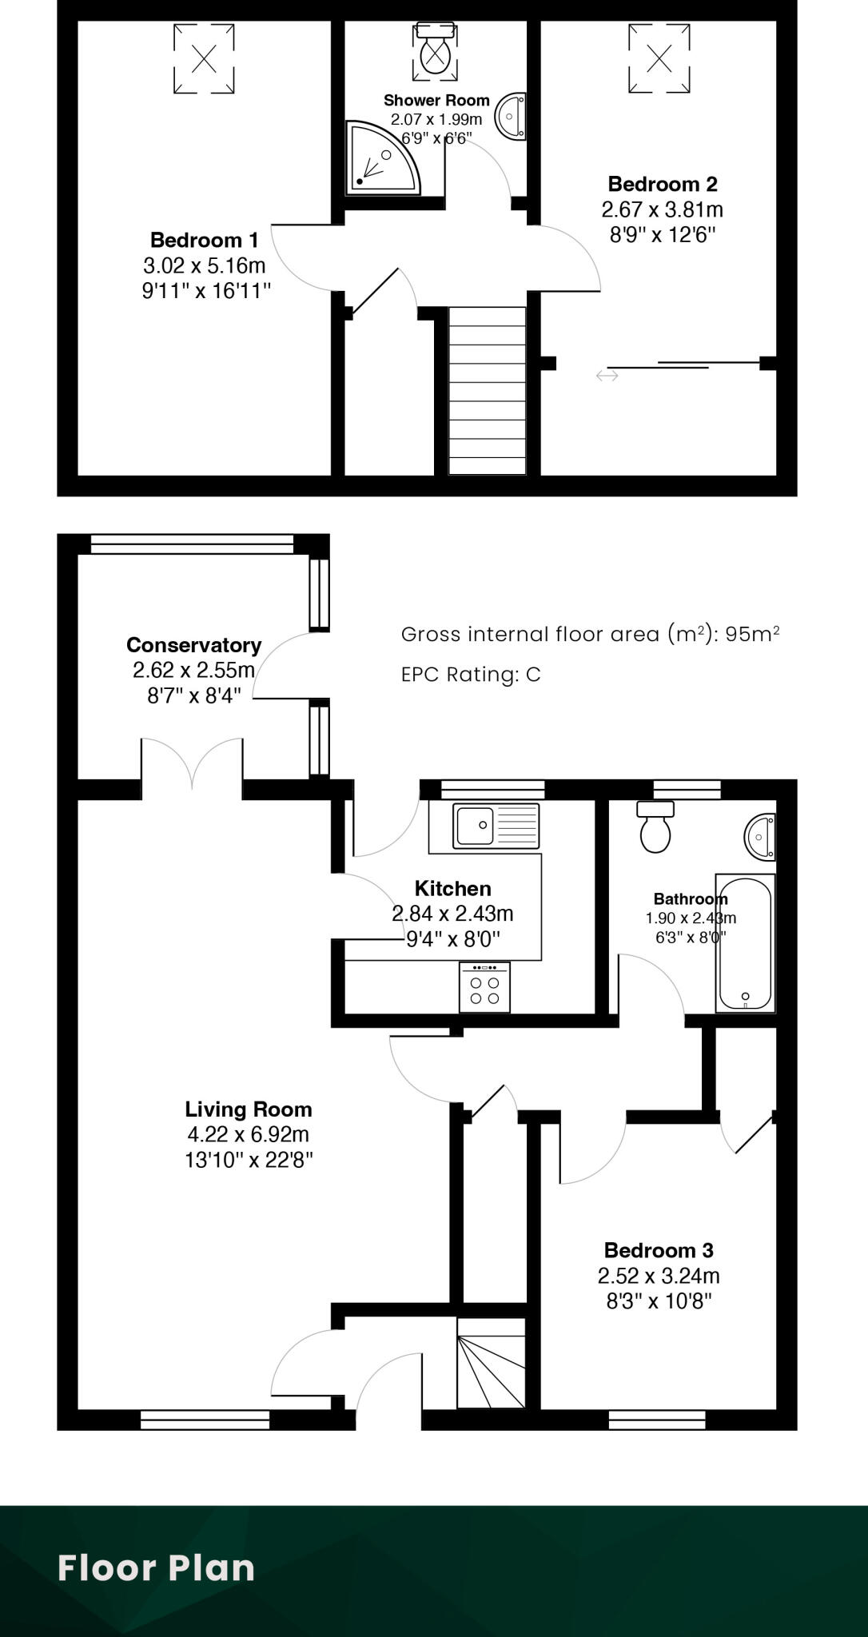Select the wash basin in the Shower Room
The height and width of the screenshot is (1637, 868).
[x=512, y=117]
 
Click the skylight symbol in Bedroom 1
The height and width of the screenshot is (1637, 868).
[x=205, y=58]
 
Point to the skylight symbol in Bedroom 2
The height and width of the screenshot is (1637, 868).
[x=659, y=58]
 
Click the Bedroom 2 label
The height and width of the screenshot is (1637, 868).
[x=663, y=185]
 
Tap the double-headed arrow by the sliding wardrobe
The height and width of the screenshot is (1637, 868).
[x=607, y=375]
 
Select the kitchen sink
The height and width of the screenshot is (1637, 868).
[x=496, y=826]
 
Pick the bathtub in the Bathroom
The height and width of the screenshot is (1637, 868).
[x=745, y=943]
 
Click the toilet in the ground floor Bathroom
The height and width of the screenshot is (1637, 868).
[x=655, y=828]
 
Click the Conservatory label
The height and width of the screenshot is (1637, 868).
[x=194, y=645]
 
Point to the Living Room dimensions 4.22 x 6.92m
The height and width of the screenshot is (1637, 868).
[x=248, y=1134]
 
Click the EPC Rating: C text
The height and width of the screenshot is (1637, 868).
[x=471, y=675]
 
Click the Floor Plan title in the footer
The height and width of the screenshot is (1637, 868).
[x=157, y=1567]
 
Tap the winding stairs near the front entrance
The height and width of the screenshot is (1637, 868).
[x=491, y=1364]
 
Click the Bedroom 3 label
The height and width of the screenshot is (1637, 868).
[x=659, y=1250]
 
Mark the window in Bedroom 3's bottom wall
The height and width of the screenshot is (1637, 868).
[x=657, y=1420]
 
